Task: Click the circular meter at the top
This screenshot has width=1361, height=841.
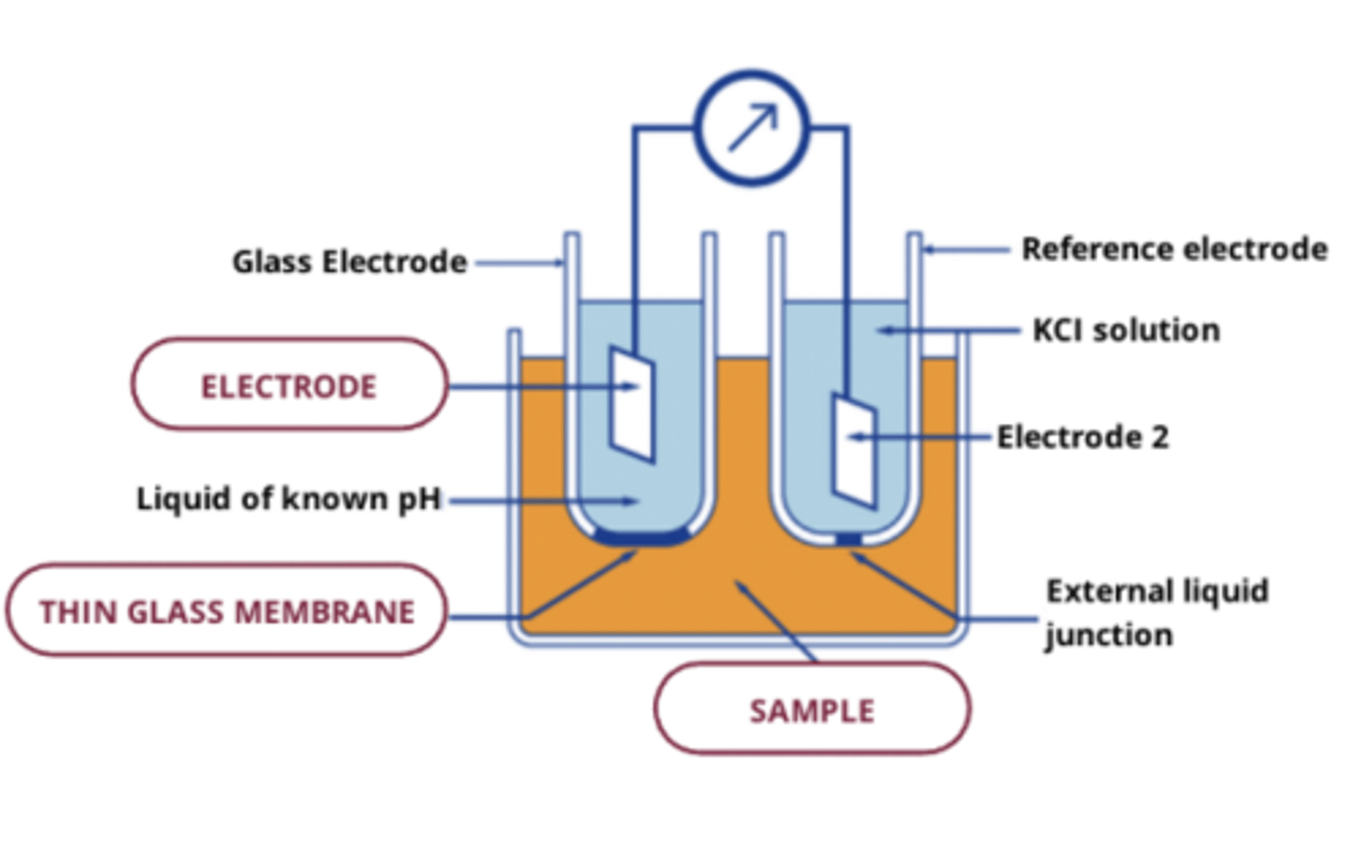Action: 751,127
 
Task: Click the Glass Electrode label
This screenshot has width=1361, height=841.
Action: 350,262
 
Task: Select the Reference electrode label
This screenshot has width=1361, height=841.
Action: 1174,250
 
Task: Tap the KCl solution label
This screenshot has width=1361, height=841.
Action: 1126,330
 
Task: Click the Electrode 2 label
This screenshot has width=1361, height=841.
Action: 1082,437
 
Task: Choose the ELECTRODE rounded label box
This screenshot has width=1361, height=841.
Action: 288,386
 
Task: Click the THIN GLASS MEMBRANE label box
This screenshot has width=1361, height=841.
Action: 227,611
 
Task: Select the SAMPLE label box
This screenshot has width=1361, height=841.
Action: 812,710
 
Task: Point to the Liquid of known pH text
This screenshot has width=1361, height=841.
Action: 289,499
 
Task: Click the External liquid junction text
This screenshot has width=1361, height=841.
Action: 1156,612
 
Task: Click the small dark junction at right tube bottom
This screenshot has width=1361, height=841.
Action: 848,539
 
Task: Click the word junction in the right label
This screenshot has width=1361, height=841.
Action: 1108,635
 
